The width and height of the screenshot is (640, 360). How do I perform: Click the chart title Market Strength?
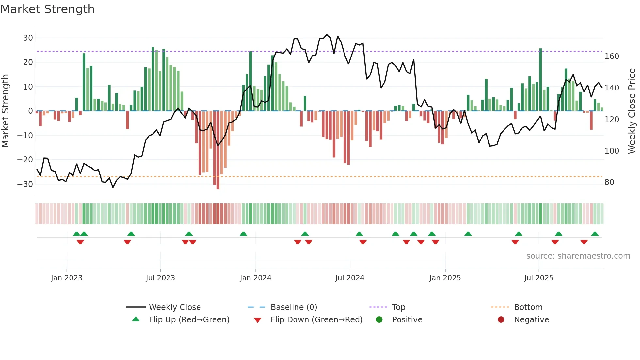(x=47, y=9)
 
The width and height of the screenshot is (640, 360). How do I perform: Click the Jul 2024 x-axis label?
(x=349, y=278)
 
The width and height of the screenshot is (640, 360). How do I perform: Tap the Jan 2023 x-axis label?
(x=67, y=278)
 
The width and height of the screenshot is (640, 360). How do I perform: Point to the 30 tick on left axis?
(x=28, y=38)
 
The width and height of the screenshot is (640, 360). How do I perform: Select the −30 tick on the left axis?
(x=25, y=184)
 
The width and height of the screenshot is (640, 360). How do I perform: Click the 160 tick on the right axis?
(x=612, y=57)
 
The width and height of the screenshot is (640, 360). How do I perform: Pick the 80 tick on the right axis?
(x=609, y=182)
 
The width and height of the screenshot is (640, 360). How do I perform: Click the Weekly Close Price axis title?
(x=632, y=111)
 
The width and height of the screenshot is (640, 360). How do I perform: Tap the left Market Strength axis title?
(x=6, y=111)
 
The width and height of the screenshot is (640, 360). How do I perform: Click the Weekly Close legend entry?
(x=174, y=307)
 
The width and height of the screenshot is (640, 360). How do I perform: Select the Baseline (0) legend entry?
(x=294, y=307)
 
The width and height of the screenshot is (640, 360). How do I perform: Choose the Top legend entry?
(x=398, y=307)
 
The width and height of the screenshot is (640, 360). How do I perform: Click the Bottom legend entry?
(x=528, y=307)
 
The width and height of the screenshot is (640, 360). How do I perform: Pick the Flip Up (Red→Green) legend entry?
(x=189, y=320)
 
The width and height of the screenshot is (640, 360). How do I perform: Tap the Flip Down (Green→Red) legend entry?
(x=316, y=320)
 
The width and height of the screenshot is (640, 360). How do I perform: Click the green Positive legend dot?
(x=379, y=320)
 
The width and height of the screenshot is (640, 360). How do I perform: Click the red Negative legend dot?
(x=501, y=320)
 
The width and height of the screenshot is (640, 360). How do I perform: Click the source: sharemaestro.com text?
(x=578, y=256)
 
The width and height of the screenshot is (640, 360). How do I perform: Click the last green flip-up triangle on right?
(x=595, y=234)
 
